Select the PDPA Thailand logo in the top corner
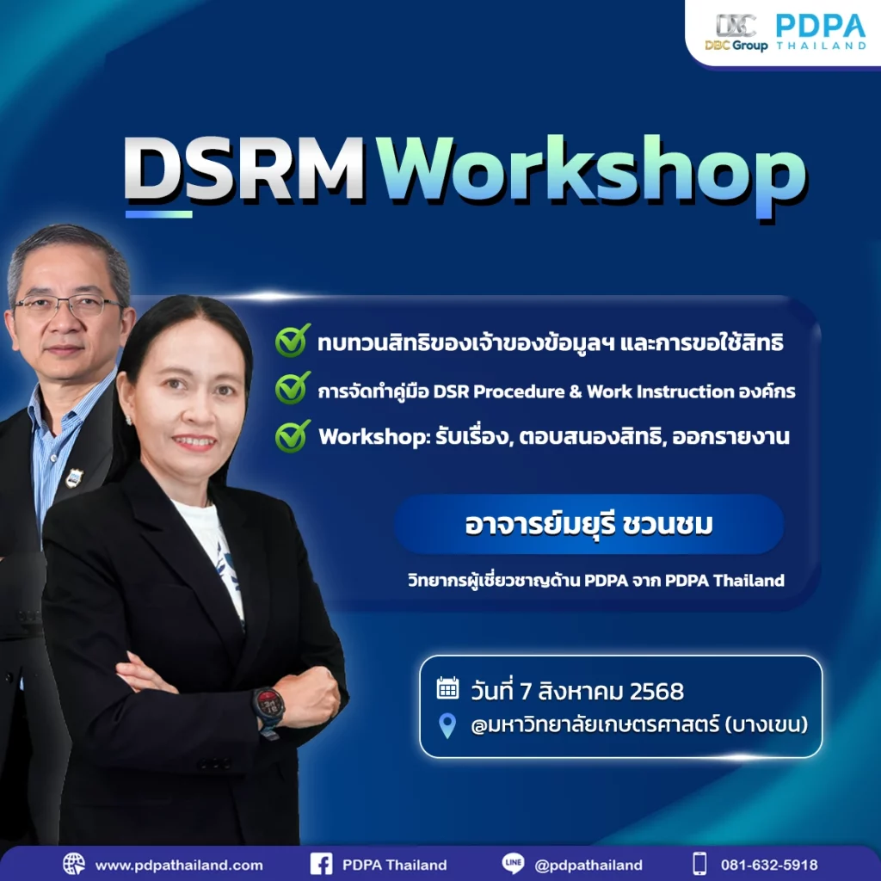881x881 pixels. pyautogui.click(x=820, y=32)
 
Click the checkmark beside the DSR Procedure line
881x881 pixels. pyautogui.click(x=293, y=389)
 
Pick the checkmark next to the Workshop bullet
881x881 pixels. pyautogui.click(x=293, y=435)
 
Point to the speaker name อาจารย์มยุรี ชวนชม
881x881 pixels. pyautogui.click(x=588, y=525)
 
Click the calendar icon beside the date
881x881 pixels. pyautogui.click(x=447, y=687)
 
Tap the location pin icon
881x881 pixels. pyautogui.click(x=447, y=726)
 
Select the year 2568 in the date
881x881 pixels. pyautogui.click(x=656, y=690)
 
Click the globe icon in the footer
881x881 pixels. pyautogui.click(x=74, y=864)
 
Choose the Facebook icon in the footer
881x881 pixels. pyautogui.click(x=321, y=864)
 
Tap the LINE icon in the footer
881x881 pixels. pyautogui.click(x=514, y=864)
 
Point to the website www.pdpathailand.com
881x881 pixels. pyautogui.click(x=179, y=865)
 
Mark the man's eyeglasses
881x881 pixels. pyautogui.click(x=67, y=305)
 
